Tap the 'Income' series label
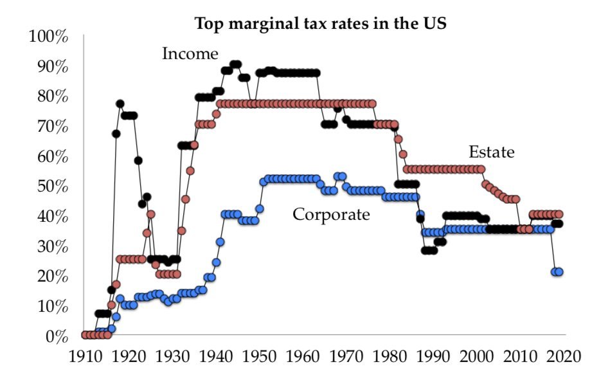(190, 53)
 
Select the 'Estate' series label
(492, 152)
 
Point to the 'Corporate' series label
(332, 214)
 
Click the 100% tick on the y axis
(49, 37)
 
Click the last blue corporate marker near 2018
(559, 272)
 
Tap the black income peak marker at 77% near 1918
(120, 104)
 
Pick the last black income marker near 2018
(559, 224)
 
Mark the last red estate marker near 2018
(559, 214)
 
